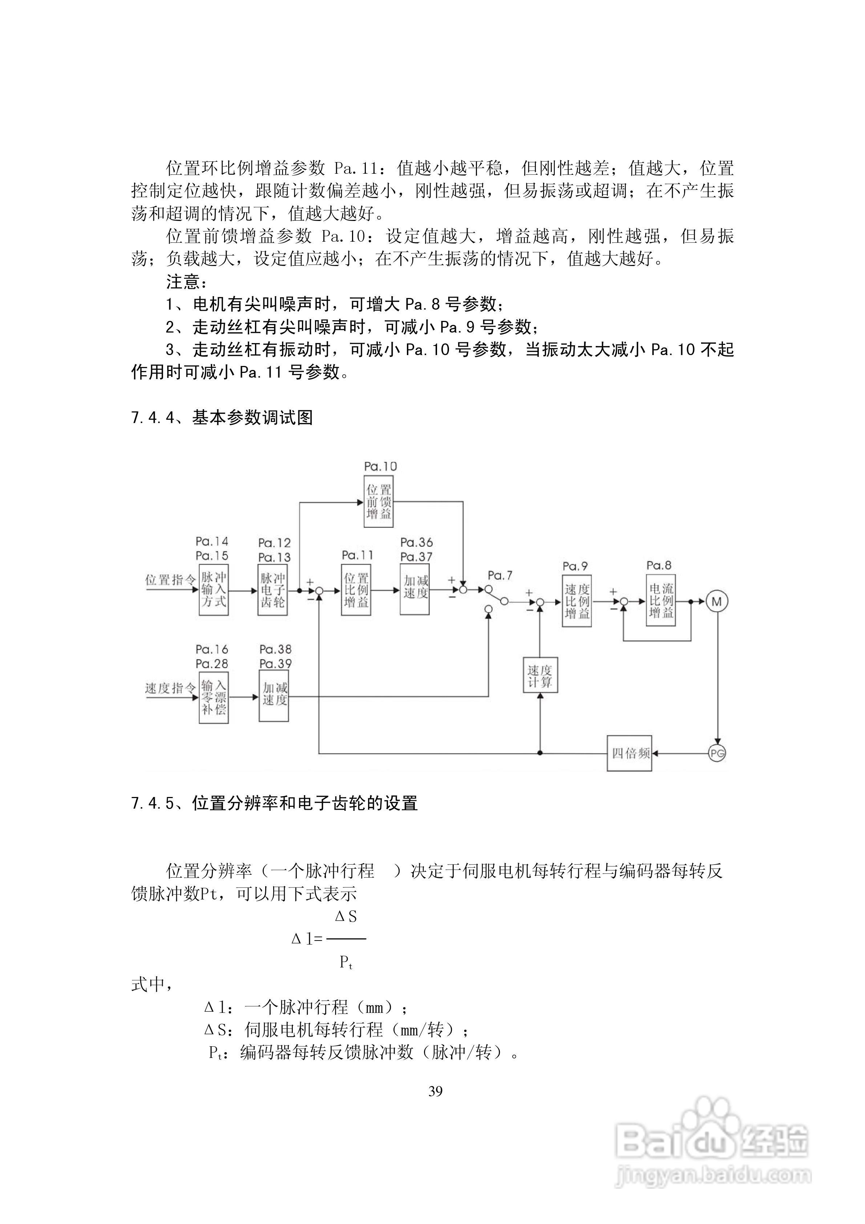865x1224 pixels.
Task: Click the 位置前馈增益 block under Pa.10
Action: tap(379, 502)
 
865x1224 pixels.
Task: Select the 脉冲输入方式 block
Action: tap(214, 589)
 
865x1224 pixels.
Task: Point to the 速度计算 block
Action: tap(540, 675)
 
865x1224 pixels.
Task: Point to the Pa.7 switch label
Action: tap(500, 575)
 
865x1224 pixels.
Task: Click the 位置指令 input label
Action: tap(170, 580)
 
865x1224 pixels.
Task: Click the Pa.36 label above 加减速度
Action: tap(416, 542)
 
